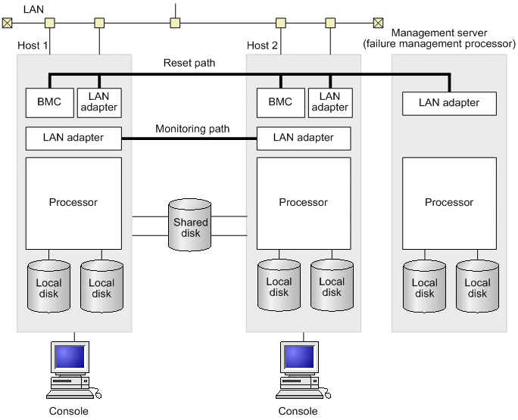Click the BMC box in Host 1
(x=49, y=101)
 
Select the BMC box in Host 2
(x=279, y=101)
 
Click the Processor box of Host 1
(x=73, y=203)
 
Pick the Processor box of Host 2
(x=304, y=203)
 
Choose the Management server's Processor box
(x=449, y=203)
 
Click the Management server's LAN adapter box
(x=449, y=103)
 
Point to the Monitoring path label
(x=192, y=129)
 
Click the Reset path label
(x=189, y=63)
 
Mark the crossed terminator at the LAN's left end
(x=8, y=23)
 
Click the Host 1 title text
(x=33, y=46)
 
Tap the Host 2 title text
(x=263, y=46)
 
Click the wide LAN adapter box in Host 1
(x=73, y=138)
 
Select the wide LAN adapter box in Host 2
(x=304, y=138)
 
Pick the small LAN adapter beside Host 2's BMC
(x=329, y=101)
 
